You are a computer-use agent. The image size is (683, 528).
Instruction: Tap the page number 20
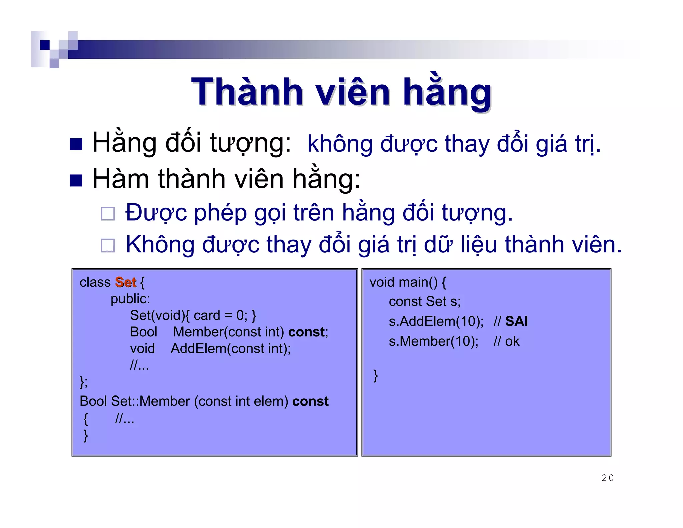pos(607,478)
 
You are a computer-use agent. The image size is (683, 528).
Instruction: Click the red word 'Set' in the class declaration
pos(126,282)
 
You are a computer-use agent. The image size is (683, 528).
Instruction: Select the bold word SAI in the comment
pos(516,321)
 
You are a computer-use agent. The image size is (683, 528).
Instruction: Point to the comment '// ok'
pos(506,341)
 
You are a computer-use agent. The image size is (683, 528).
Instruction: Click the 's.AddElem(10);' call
pos(436,321)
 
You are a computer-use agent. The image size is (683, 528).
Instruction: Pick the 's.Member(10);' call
pos(433,341)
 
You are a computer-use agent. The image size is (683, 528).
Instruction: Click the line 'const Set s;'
pos(424,302)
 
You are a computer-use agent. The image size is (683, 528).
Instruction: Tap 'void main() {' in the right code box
pos(407,282)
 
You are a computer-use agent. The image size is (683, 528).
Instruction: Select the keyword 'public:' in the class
pos(130,299)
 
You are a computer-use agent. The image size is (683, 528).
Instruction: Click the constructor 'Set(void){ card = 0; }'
pos(193,315)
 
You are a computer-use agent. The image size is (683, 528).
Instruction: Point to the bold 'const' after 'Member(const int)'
pos(306,332)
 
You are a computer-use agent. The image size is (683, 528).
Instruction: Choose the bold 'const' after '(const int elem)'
pos(310,401)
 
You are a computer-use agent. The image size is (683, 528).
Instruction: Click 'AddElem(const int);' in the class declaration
pos(231,349)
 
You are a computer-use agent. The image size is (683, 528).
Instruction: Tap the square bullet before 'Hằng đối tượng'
pos(76,144)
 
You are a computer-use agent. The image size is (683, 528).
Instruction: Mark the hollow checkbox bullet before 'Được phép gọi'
pos(108,214)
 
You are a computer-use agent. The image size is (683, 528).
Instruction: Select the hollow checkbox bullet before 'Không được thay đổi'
pos(108,246)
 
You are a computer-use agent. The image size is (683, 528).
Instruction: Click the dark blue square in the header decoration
pos(45,45)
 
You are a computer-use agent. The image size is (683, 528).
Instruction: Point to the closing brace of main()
pos(376,375)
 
